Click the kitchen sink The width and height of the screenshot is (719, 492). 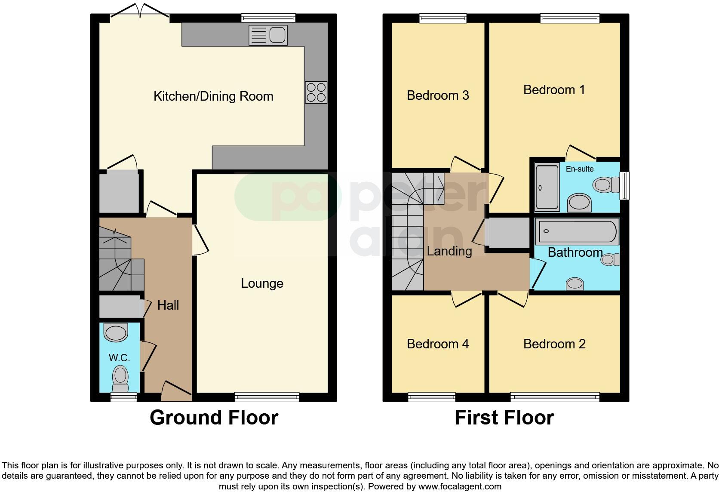pyautogui.click(x=267, y=35)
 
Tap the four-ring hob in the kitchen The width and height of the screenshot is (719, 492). pyautogui.click(x=316, y=92)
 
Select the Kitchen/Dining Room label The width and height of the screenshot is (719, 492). pyautogui.click(x=213, y=96)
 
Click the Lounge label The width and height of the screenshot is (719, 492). pyautogui.click(x=262, y=283)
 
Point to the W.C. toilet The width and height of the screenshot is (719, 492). pyautogui.click(x=120, y=377)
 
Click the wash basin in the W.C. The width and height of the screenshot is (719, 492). pyautogui.click(x=116, y=332)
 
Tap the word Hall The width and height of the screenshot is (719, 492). pyautogui.click(x=168, y=305)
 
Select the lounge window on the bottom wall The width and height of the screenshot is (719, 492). pyautogui.click(x=267, y=397)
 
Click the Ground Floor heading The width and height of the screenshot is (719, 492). pyautogui.click(x=214, y=418)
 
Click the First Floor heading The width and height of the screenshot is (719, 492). pyautogui.click(x=504, y=418)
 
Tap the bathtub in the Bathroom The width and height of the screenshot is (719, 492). pyautogui.click(x=576, y=231)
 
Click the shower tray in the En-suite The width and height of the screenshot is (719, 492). pyautogui.click(x=547, y=186)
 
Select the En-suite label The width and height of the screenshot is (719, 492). pyautogui.click(x=579, y=169)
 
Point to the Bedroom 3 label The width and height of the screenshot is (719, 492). pyautogui.click(x=438, y=95)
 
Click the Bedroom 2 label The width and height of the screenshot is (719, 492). pyautogui.click(x=554, y=344)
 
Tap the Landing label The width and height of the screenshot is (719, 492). pyautogui.click(x=449, y=251)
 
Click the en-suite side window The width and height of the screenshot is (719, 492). pyautogui.click(x=624, y=186)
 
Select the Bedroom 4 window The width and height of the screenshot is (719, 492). pyautogui.click(x=431, y=397)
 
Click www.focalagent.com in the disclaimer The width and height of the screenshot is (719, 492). pyautogui.click(x=460, y=486)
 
